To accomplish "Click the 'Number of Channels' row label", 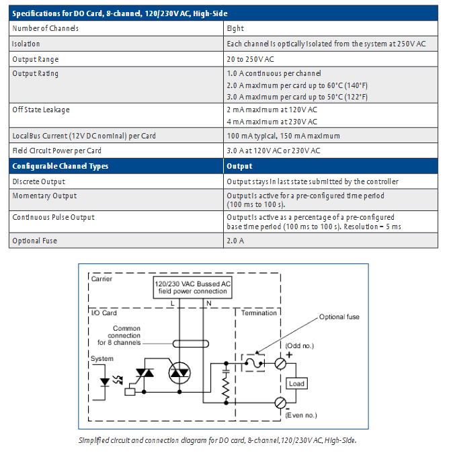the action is coord(45,28).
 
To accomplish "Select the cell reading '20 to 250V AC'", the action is coord(250,59).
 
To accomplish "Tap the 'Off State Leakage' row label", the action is coord(41,110).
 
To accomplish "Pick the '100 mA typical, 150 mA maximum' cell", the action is coord(283,136).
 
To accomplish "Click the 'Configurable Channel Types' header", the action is coord(60,166).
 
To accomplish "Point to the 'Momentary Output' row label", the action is coord(44,196).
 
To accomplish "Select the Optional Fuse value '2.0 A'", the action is coord(235,241).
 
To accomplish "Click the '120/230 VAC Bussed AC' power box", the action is coord(192,288).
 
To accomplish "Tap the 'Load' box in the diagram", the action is coord(296,384).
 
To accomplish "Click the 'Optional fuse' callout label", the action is coord(339,317).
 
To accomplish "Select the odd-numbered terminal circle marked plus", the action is coord(280,364).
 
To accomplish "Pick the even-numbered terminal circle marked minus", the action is coord(280,403).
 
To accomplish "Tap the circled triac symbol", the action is coord(179,373).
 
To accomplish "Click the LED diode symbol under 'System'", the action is coord(105,382).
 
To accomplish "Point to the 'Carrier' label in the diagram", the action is coord(101,279).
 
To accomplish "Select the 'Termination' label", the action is coord(259,313).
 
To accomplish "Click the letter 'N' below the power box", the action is coord(208,303).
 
